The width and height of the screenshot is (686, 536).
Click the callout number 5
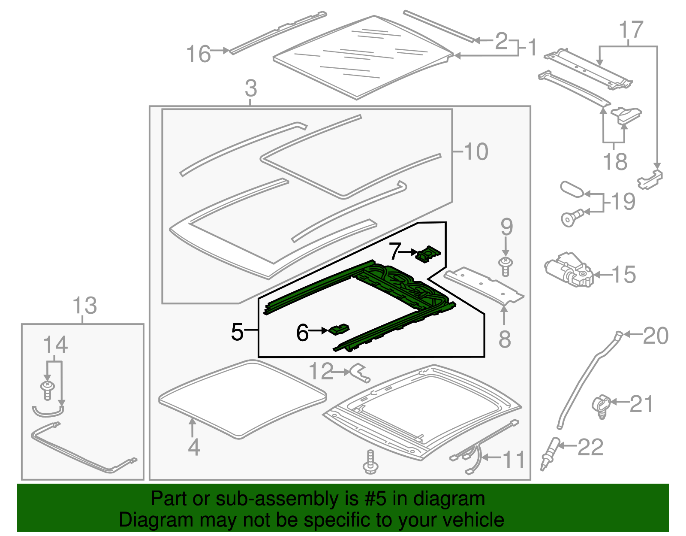(x=237, y=332)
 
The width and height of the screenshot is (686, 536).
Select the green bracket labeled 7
(x=428, y=254)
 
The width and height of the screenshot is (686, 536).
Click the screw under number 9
(x=506, y=266)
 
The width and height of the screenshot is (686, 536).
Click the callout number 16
(x=199, y=55)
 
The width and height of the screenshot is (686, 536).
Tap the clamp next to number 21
(x=601, y=405)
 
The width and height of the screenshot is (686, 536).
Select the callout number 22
(x=590, y=448)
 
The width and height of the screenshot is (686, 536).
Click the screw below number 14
(x=48, y=390)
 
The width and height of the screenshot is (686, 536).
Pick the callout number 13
(x=84, y=306)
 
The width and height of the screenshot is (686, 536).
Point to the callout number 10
(x=475, y=151)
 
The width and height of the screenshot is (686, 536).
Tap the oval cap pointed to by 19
(x=572, y=189)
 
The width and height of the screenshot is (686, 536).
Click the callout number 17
(x=631, y=30)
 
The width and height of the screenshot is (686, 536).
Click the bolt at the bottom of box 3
(x=370, y=463)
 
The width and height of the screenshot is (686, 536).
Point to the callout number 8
(x=505, y=339)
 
